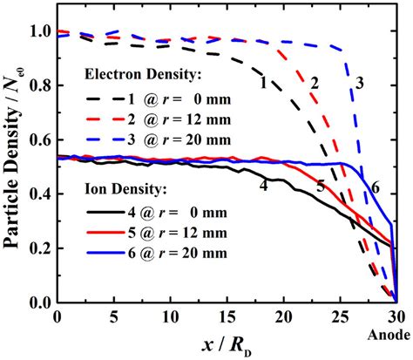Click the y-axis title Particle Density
[x=16, y=153]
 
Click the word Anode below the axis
[x=395, y=333]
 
